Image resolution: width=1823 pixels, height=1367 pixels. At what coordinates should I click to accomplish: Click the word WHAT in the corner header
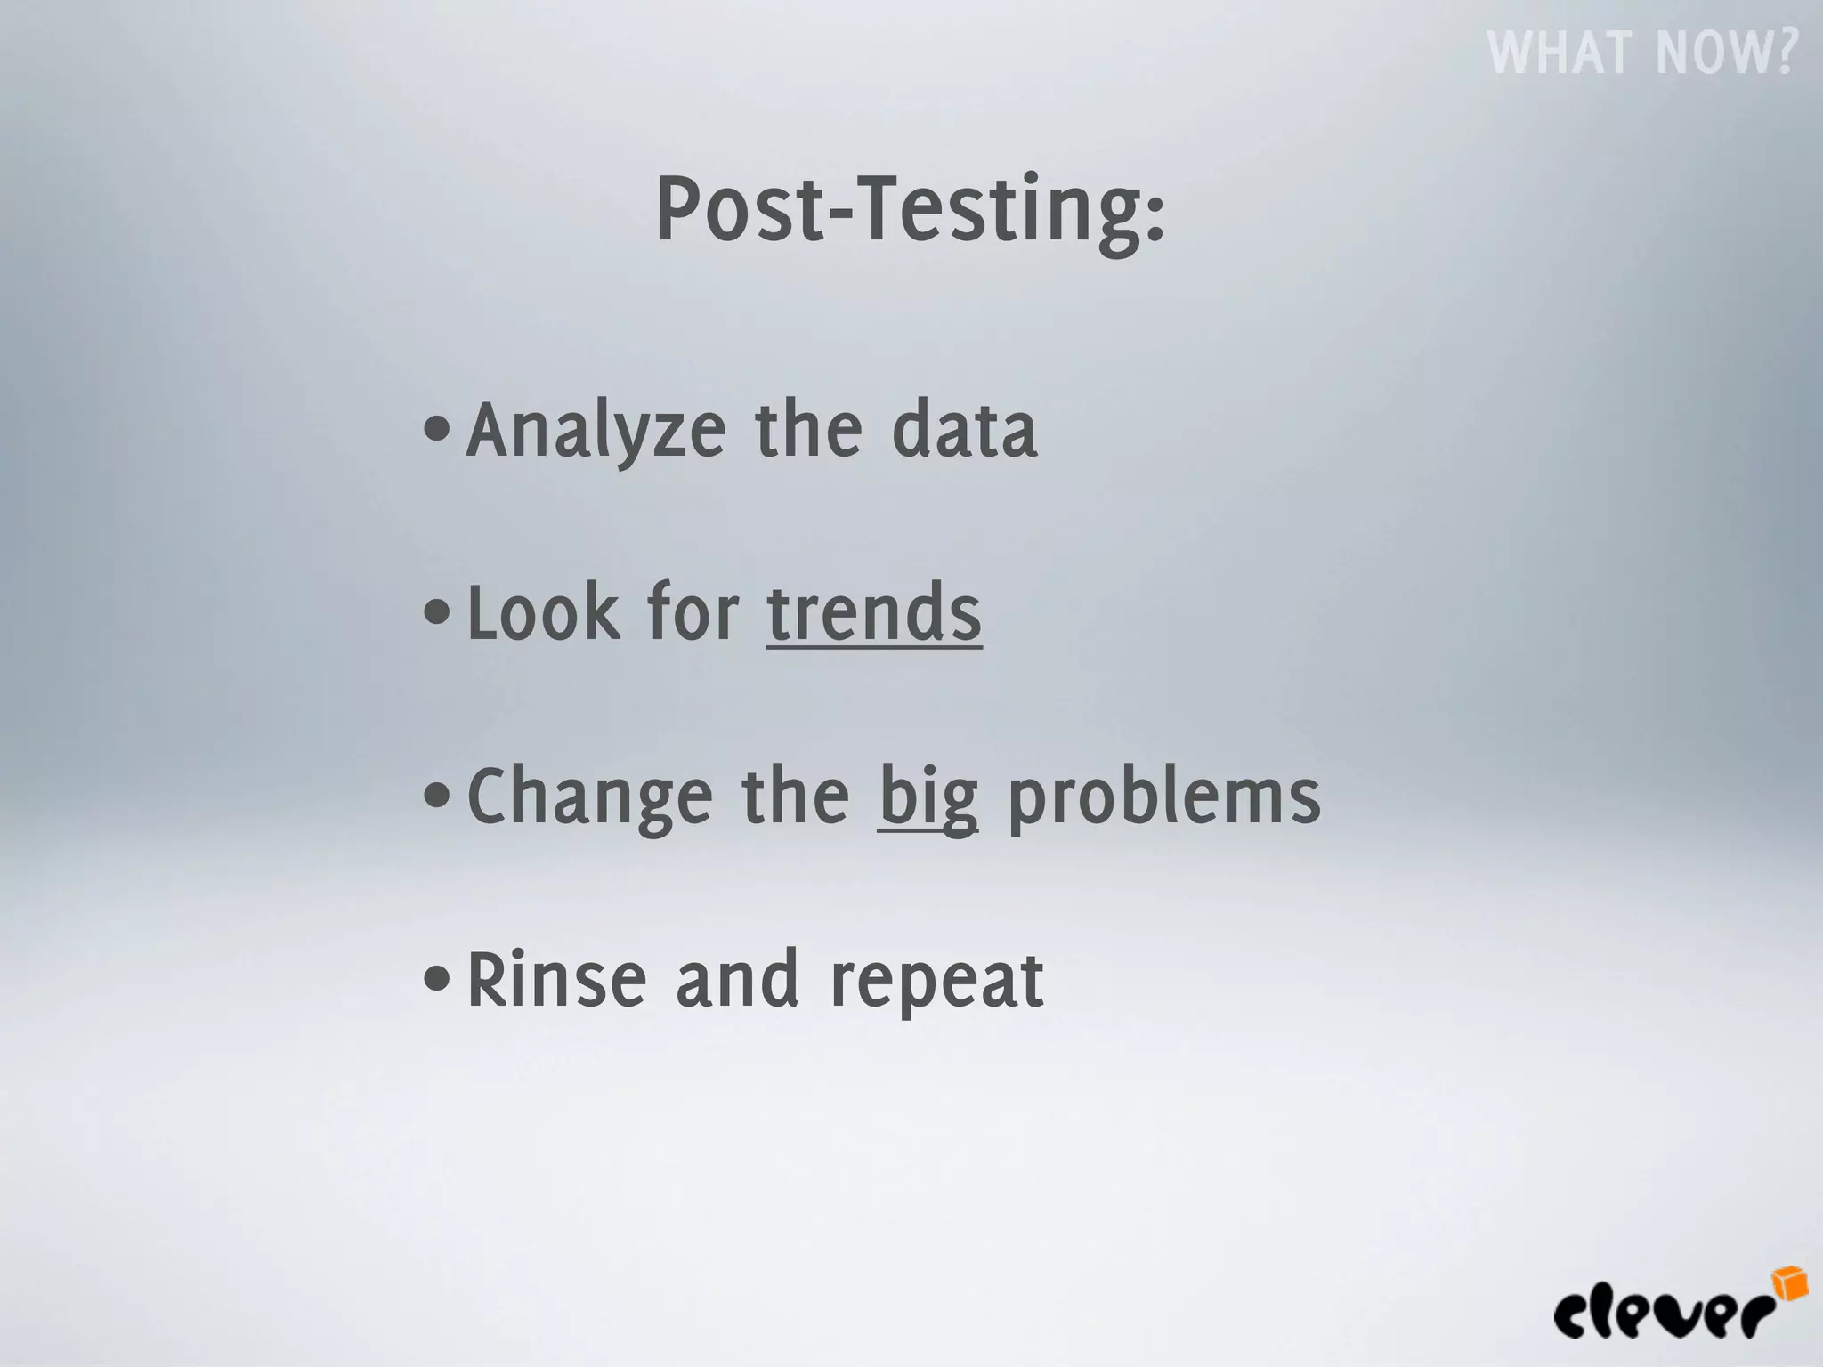tap(1560, 53)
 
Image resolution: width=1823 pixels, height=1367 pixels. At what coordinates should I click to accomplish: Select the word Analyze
tap(595, 433)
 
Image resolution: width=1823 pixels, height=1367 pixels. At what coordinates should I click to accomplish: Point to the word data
tap(964, 433)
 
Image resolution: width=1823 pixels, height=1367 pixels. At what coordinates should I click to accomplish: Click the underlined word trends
tap(873, 614)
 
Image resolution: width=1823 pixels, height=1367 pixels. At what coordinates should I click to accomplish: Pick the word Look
tap(542, 614)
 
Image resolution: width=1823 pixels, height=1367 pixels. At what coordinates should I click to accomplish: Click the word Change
tap(589, 797)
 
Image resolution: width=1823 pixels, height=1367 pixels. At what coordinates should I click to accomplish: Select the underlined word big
tap(928, 797)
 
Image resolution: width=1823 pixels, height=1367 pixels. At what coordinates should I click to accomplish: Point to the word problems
tap(1163, 797)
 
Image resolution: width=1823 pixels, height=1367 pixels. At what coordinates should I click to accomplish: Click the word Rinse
tap(556, 980)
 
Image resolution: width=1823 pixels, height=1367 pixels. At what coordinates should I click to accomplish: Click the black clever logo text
tap(1665, 1314)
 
